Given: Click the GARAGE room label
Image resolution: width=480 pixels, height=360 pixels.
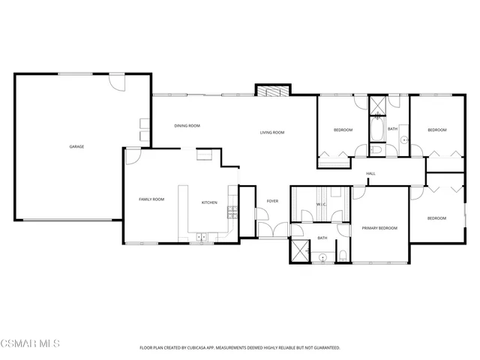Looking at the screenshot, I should coord(76,146).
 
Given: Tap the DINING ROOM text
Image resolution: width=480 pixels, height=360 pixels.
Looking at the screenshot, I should coord(187,126).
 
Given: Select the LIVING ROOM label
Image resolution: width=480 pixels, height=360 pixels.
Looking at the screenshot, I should coord(272,133).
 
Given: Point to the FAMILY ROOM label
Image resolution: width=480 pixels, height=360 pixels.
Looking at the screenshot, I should coord(151,199).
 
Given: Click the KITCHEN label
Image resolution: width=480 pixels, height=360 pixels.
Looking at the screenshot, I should coord(209,202).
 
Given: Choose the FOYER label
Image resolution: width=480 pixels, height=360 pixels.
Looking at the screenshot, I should coord(272,201).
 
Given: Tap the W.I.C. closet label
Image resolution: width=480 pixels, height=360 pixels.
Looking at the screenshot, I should coord(320,204).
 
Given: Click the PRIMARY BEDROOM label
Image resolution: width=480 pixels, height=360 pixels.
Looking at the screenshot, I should coord(379,227).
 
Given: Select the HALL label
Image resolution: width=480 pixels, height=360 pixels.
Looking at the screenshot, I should coord(370,174).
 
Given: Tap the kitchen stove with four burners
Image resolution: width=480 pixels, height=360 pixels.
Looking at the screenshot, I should coord(232,211).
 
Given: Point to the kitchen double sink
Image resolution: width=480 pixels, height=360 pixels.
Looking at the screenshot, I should coord(201,238).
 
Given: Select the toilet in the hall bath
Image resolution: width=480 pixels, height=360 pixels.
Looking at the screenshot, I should coord(376,150).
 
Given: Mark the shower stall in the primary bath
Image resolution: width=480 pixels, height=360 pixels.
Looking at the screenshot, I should coord(301,250).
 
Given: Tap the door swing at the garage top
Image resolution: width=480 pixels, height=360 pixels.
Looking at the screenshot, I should coord(117,80).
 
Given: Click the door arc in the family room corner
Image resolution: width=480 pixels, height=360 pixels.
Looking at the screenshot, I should coord(132,155).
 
